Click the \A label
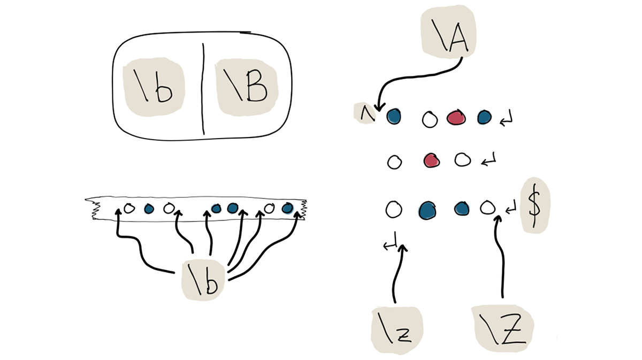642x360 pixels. pos(448,35)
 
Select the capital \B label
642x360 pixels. pos(248,87)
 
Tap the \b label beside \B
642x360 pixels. pos(155,89)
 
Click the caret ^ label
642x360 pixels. pos(365,113)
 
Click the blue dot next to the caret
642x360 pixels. pos(394,115)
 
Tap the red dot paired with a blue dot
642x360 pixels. pos(455,117)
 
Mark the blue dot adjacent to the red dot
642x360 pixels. pos(484,117)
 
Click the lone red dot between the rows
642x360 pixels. pos(431,159)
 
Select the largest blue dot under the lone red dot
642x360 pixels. pos(426,210)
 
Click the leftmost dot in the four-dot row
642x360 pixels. pos(149,209)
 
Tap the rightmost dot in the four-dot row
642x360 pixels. pos(288,208)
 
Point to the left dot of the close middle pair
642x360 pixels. pos(216,209)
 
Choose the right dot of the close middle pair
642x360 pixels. pos(233,209)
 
